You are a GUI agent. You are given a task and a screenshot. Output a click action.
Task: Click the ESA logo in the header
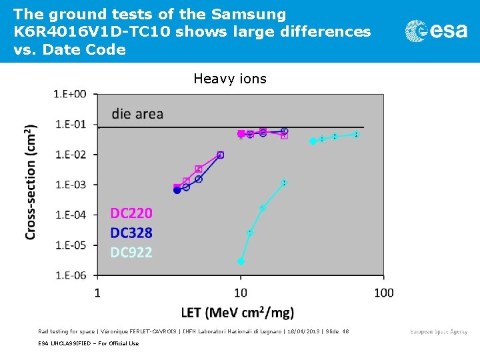[x=436, y=31]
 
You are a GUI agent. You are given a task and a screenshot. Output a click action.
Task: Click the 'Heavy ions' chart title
[x=230, y=79]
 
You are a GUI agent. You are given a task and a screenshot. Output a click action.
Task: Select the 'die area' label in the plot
[x=137, y=114]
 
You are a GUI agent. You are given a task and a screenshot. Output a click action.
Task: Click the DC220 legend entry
[x=131, y=213]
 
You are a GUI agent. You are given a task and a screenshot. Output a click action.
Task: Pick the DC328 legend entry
[x=131, y=233]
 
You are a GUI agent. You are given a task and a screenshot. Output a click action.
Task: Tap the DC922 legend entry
[x=131, y=252]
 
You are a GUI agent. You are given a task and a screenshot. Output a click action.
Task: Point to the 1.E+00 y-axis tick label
[x=70, y=94]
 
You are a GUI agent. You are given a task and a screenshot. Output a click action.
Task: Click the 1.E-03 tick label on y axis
[x=70, y=185]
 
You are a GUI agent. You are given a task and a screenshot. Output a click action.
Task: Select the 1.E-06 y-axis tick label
[x=70, y=275]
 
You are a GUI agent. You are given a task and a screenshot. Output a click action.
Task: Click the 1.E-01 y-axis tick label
[x=70, y=125]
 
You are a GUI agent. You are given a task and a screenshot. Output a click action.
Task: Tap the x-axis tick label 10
[x=241, y=293]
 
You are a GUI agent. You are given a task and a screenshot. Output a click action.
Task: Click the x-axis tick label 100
[x=383, y=293]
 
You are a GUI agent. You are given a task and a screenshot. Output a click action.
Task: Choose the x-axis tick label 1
[x=98, y=293]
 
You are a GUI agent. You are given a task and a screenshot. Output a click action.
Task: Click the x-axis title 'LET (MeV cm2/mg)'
[x=237, y=312]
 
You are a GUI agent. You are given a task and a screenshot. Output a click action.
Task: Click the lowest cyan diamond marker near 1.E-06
[x=241, y=261]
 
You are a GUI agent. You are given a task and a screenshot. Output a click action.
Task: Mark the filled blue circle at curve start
[x=177, y=190]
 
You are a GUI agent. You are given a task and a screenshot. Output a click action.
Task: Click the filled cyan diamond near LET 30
[x=313, y=141]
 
